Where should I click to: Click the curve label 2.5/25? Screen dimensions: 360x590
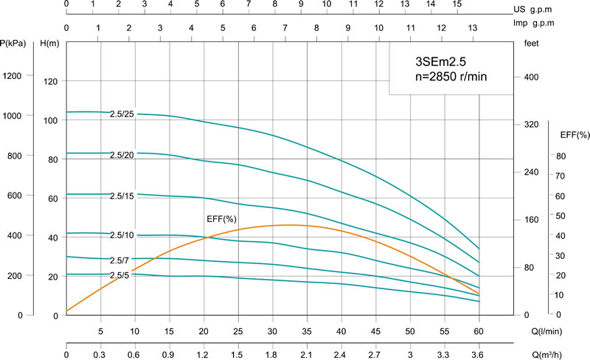tap(122, 114)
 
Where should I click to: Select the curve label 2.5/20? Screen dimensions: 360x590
tap(122, 155)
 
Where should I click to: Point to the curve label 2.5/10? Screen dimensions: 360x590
tap(122, 235)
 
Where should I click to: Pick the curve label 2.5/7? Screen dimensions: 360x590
tap(119, 260)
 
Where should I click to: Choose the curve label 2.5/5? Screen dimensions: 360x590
tap(119, 275)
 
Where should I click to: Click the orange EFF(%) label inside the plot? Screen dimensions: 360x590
tap(221, 219)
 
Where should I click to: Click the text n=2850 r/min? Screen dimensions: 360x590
tap(449, 75)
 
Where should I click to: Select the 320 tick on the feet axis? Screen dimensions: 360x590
tap(532, 125)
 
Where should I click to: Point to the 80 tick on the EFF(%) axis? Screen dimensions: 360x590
tap(560, 156)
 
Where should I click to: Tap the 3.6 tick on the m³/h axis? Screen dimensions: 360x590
tap(479, 356)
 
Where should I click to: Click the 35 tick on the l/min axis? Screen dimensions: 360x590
tap(307, 331)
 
